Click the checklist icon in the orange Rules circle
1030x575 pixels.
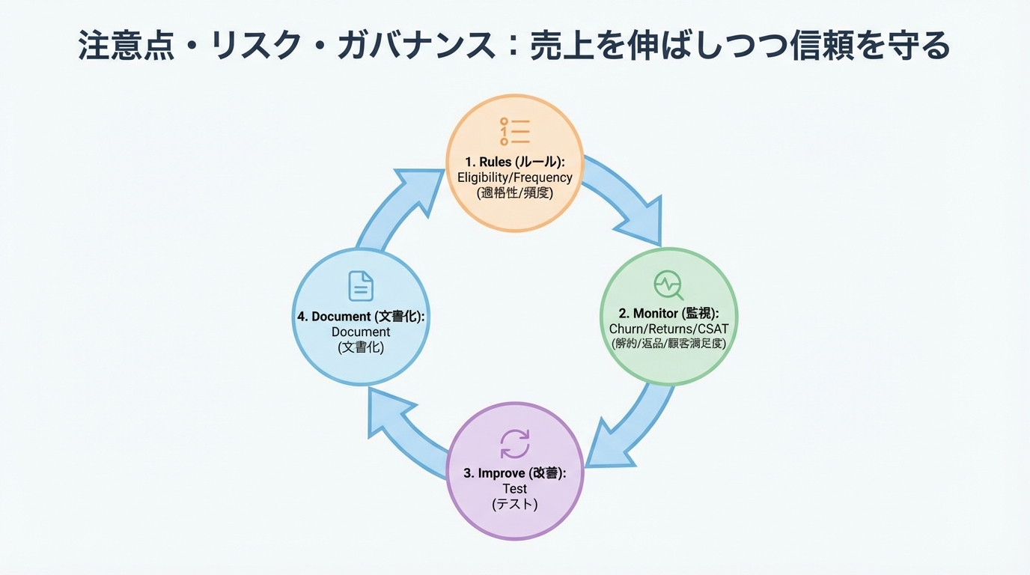click(x=514, y=131)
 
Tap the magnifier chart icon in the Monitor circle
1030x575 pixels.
click(x=668, y=285)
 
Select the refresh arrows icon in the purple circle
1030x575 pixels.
click(x=514, y=443)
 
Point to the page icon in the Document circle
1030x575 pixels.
click(x=361, y=286)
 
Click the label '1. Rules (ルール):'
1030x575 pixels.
click(x=514, y=162)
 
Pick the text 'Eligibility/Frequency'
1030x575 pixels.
click(x=514, y=177)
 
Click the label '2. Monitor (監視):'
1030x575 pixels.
click(x=668, y=313)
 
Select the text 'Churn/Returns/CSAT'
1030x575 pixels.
click(x=668, y=329)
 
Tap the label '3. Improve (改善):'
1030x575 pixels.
click(x=514, y=473)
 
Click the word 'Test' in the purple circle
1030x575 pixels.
click(x=514, y=489)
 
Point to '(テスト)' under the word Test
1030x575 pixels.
click(x=514, y=505)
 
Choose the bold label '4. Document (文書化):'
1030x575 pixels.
click(x=361, y=317)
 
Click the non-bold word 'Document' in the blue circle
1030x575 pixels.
click(x=361, y=332)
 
